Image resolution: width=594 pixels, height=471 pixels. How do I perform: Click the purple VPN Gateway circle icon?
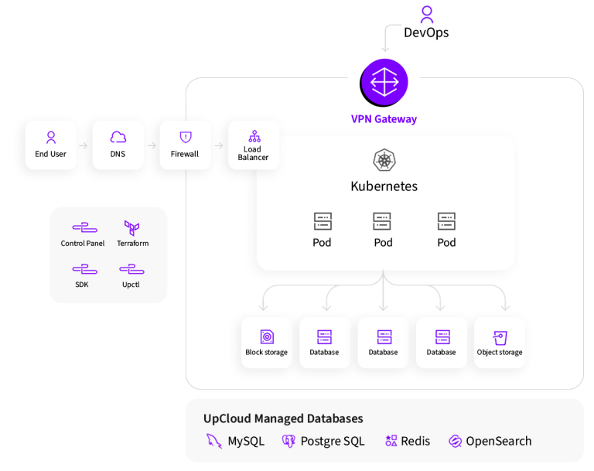click(384, 82)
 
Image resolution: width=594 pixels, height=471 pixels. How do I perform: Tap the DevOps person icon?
click(426, 14)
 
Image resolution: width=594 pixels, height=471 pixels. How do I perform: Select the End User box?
click(51, 145)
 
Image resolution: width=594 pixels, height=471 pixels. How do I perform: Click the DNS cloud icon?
click(118, 137)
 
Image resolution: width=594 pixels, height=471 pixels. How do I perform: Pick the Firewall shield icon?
click(185, 137)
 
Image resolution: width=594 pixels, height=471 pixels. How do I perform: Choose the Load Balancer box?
click(254, 145)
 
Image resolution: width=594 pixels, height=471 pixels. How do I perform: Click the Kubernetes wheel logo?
click(384, 160)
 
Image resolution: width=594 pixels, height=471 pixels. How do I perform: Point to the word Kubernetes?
click(384, 186)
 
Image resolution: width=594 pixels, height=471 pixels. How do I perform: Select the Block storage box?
click(267, 343)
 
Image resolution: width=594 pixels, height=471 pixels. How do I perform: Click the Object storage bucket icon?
click(500, 338)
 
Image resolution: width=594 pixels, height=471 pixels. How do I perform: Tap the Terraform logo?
click(132, 228)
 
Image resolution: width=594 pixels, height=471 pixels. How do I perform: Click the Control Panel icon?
click(84, 228)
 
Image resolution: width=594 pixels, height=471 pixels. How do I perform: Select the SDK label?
click(82, 285)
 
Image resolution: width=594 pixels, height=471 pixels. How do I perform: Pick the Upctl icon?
click(131, 269)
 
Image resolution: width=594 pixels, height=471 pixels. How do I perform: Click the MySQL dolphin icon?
click(213, 441)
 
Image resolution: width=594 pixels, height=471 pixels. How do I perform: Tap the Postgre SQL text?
click(332, 441)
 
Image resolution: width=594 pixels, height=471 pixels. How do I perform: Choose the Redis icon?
click(391, 441)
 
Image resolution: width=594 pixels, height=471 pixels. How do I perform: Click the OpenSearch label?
click(498, 441)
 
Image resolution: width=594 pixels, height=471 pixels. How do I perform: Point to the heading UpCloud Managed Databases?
click(283, 418)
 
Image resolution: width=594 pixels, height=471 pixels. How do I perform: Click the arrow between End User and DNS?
click(84, 145)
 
